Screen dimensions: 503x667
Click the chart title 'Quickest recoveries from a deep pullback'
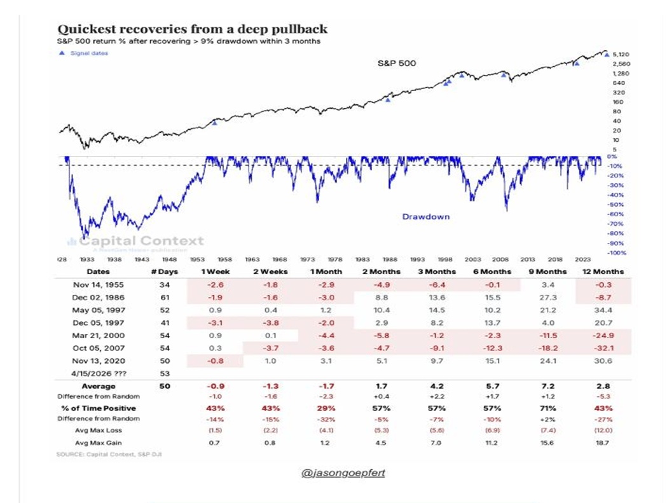pyautogui.click(x=193, y=30)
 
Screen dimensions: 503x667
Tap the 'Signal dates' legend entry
pyautogui.click(x=88, y=53)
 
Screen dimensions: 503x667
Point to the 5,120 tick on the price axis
pyautogui.click(x=621, y=55)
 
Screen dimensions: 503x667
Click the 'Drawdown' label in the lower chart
pyautogui.click(x=425, y=217)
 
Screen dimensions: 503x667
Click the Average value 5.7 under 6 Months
pyautogui.click(x=490, y=386)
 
